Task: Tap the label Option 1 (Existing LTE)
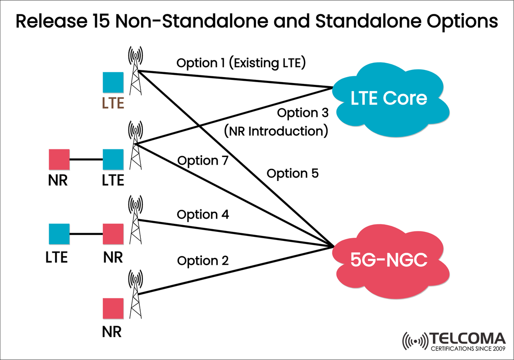241,63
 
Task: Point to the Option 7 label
203,161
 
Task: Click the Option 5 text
293,173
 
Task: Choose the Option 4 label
203,215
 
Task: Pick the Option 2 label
203,261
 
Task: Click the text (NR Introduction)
275,131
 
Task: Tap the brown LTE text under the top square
113,103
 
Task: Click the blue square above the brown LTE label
113,83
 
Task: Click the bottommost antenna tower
134,293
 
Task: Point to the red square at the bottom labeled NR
113,309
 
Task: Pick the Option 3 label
303,113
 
